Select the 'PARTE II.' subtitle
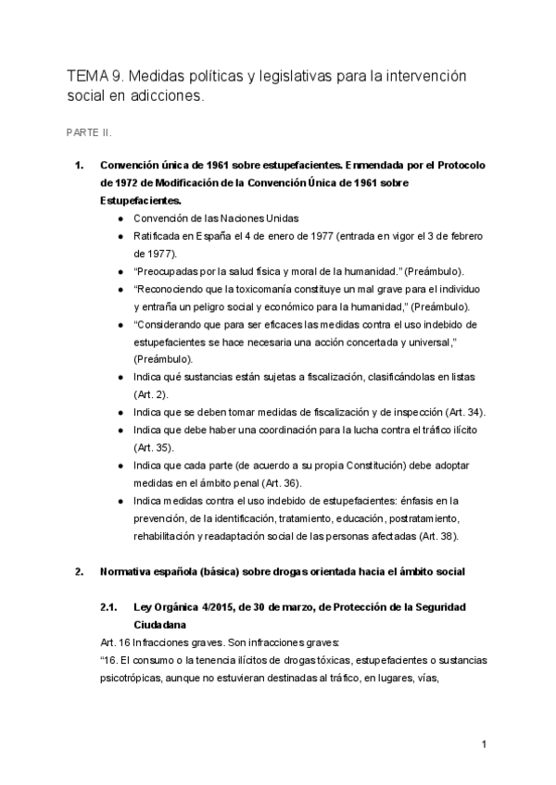pos(89,132)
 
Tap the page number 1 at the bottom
pos(484,745)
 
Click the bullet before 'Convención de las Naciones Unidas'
pos(122,218)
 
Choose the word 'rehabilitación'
pos(163,536)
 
